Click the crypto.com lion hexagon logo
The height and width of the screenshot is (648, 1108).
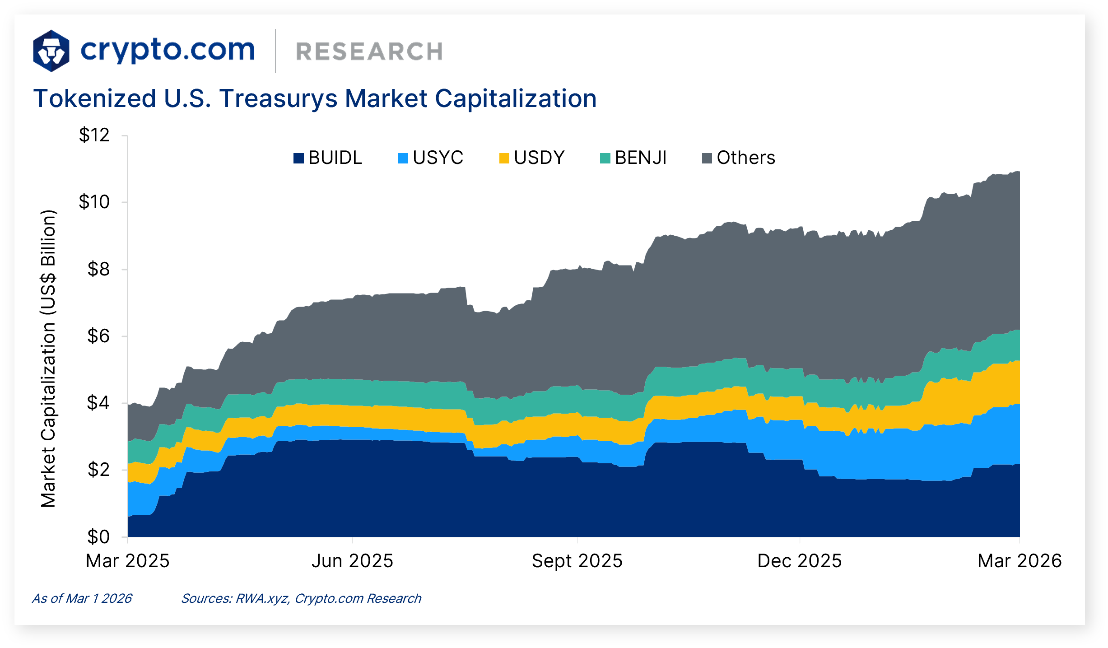pos(51,51)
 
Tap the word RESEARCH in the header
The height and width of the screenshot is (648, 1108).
pos(369,51)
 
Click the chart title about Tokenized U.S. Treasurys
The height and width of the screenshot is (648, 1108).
pos(315,98)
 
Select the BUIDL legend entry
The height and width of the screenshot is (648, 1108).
pos(328,158)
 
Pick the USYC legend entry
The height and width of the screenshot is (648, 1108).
pos(431,158)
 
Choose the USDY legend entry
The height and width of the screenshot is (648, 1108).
pos(532,158)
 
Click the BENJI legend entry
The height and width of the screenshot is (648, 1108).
pos(633,158)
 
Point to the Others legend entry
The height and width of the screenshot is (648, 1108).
pos(739,158)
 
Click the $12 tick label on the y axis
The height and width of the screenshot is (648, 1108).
pos(94,135)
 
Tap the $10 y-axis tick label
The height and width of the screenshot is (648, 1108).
pos(94,202)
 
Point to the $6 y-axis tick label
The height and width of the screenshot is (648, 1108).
pos(98,336)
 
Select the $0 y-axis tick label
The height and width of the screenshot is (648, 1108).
pos(98,537)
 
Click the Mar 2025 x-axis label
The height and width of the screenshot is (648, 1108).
pos(128,561)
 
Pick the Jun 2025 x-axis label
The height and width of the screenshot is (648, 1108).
pos(352,561)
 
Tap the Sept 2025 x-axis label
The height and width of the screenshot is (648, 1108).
pos(577,561)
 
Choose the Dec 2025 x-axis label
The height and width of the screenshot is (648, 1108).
pos(800,561)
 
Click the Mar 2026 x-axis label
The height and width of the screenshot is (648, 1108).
pos(1020,561)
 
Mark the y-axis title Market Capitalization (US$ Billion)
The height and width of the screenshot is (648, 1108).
pos(48,359)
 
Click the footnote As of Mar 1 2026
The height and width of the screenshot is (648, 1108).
pos(82,598)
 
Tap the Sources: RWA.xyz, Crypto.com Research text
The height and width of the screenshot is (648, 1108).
pos(301,598)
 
